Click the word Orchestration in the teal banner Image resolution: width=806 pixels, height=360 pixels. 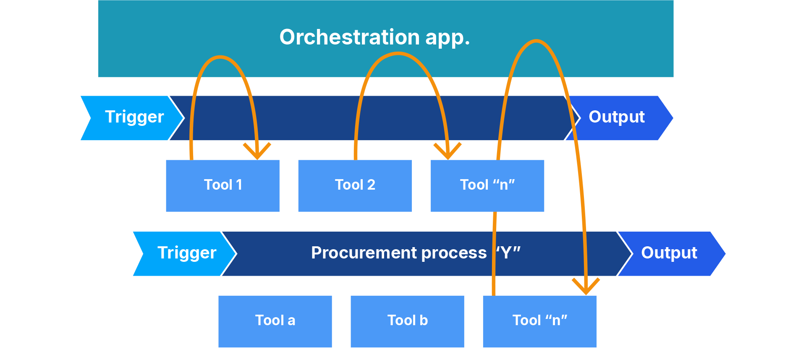pyautogui.click(x=350, y=37)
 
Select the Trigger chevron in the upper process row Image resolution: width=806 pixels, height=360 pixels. pyautogui.click(x=132, y=118)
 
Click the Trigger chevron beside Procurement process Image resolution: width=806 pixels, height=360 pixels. pyautogui.click(x=185, y=253)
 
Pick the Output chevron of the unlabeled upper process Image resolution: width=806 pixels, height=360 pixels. pyautogui.click(x=619, y=118)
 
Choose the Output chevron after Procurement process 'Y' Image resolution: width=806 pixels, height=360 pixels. pyautogui.click(x=672, y=253)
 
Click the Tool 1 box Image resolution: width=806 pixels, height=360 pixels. pyautogui.click(x=222, y=185)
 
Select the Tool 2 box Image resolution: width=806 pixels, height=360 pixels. pyautogui.click(x=355, y=185)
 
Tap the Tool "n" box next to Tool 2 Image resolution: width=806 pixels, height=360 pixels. pyautogui.click(x=487, y=185)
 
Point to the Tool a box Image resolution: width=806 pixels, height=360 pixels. pyautogui.click(x=275, y=321)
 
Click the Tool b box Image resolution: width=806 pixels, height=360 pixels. pyautogui.click(x=407, y=321)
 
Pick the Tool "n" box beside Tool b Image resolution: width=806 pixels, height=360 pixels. pyautogui.click(x=539, y=321)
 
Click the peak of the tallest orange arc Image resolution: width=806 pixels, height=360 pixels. pyautogui.click(x=536, y=41)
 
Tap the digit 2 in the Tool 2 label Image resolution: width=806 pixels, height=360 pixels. pyautogui.click(x=371, y=185)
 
